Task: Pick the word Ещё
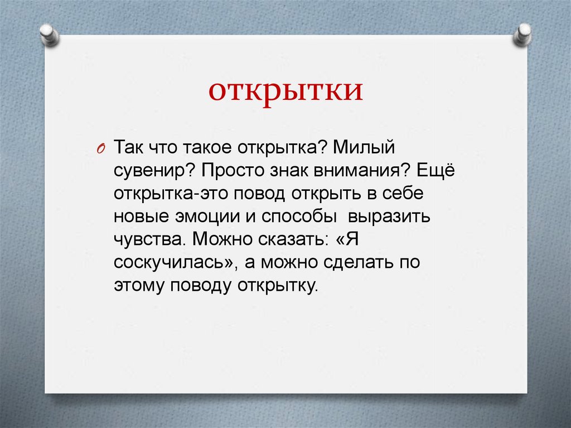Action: [437, 170]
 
